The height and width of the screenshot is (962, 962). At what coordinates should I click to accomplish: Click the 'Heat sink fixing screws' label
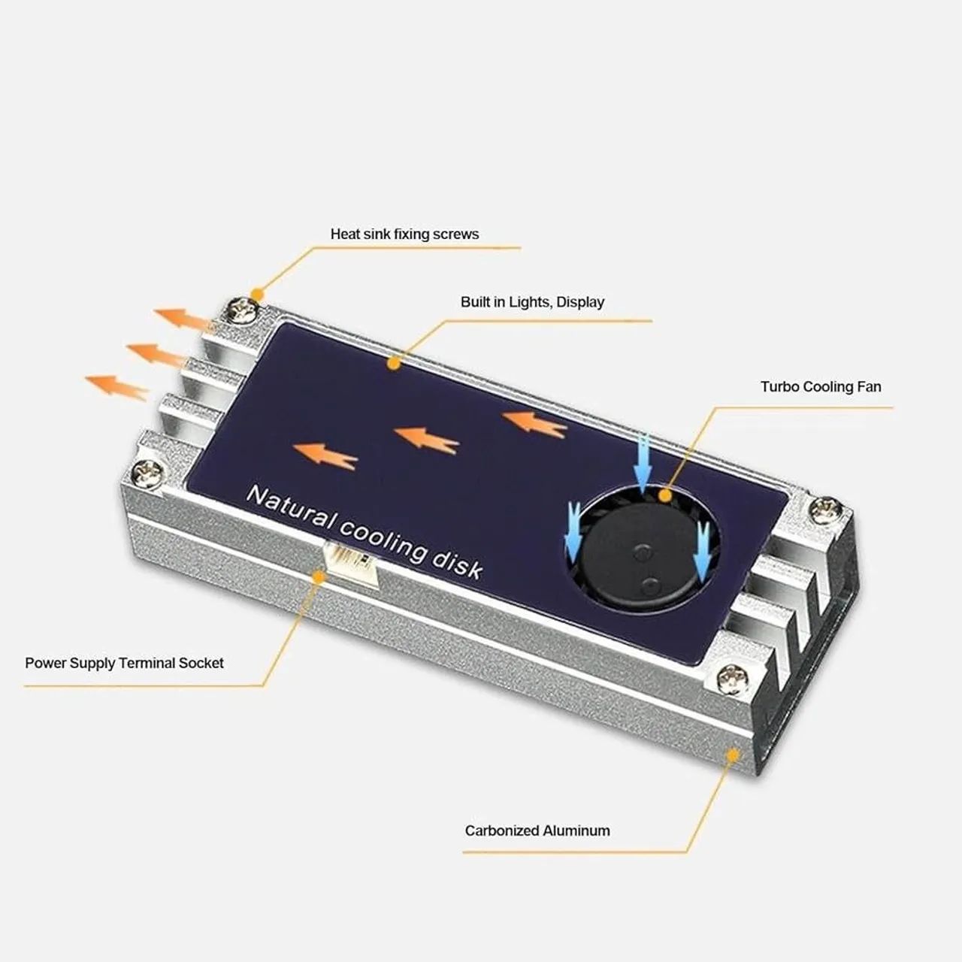pyautogui.click(x=404, y=234)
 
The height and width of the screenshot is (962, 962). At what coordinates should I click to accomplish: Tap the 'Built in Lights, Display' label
pyautogui.click(x=532, y=302)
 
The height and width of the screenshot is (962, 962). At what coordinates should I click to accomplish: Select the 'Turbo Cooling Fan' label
pyautogui.click(x=821, y=387)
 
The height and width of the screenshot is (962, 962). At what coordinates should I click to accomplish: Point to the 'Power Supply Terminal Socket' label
pyautogui.click(x=125, y=663)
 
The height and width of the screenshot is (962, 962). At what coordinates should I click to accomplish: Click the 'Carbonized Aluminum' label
pyautogui.click(x=537, y=830)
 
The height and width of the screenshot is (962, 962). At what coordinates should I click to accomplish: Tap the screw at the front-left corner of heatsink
pyautogui.click(x=146, y=475)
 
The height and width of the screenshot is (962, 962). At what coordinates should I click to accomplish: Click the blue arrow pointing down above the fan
pyautogui.click(x=642, y=458)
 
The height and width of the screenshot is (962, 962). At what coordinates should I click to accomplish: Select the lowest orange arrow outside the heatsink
pyautogui.click(x=116, y=386)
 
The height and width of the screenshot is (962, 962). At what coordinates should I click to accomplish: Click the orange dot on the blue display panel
pyautogui.click(x=392, y=364)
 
